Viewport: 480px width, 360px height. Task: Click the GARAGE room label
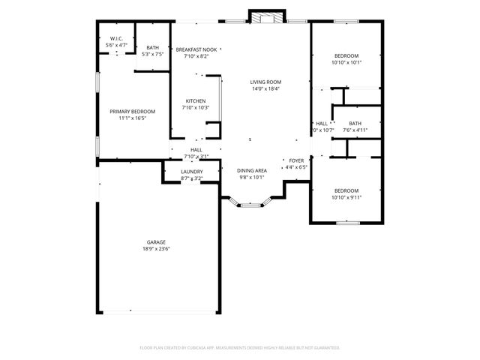pyautogui.click(x=156, y=242)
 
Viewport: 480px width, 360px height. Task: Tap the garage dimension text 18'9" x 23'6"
pyautogui.click(x=156, y=249)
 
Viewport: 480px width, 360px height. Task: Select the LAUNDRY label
pyautogui.click(x=192, y=172)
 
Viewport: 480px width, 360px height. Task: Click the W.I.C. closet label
pyautogui.click(x=116, y=39)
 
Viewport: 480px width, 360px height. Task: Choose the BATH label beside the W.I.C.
pyautogui.click(x=152, y=47)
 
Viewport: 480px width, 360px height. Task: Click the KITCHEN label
pyautogui.click(x=196, y=101)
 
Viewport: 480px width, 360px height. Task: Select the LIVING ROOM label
pyautogui.click(x=265, y=82)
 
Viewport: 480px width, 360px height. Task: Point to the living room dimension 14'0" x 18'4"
pyautogui.click(x=265, y=88)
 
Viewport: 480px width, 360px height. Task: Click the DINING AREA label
pyautogui.click(x=252, y=170)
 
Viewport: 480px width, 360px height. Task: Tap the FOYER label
pyautogui.click(x=297, y=160)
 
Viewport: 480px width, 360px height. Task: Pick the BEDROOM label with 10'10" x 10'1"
pyautogui.click(x=346, y=55)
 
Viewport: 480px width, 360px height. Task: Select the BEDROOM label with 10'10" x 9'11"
pyautogui.click(x=346, y=190)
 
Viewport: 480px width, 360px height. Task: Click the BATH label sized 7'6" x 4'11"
pyautogui.click(x=355, y=124)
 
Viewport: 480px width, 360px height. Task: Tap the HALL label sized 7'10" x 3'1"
pyautogui.click(x=196, y=150)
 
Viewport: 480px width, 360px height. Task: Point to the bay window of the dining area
pyautogui.click(x=251, y=203)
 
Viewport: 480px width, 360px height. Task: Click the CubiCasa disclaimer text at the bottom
pyautogui.click(x=240, y=348)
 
